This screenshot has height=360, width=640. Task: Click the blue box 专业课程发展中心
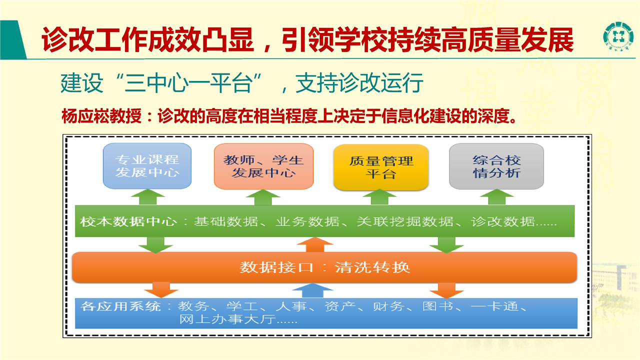(x=147, y=166)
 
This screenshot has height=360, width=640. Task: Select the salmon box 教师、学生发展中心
(x=263, y=166)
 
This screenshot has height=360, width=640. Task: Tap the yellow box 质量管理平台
(x=381, y=167)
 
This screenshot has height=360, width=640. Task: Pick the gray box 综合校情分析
(x=496, y=166)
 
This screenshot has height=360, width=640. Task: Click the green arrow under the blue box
(x=147, y=197)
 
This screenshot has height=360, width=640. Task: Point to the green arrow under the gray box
(x=497, y=197)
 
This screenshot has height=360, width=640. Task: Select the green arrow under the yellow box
(x=379, y=197)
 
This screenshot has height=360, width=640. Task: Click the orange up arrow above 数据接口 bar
(x=315, y=244)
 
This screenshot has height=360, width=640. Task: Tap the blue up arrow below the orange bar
(x=312, y=291)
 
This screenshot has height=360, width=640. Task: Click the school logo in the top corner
(x=618, y=36)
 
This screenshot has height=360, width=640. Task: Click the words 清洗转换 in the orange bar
(x=372, y=267)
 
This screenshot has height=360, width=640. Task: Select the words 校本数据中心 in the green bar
(x=128, y=221)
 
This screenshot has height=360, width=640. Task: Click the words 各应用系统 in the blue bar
(x=120, y=306)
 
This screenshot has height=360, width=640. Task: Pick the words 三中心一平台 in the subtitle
(x=189, y=83)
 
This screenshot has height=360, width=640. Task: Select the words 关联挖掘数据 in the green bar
(x=405, y=221)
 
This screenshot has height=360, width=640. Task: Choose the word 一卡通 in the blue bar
(x=494, y=306)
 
